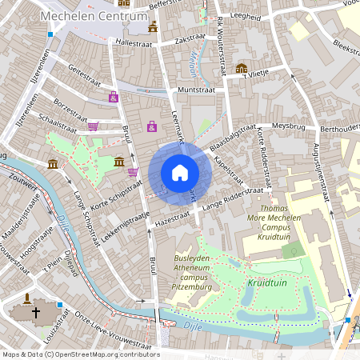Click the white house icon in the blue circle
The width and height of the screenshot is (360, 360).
(x=179, y=173)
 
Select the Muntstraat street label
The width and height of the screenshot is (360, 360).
(x=198, y=90)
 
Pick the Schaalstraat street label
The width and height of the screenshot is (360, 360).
(x=57, y=118)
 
